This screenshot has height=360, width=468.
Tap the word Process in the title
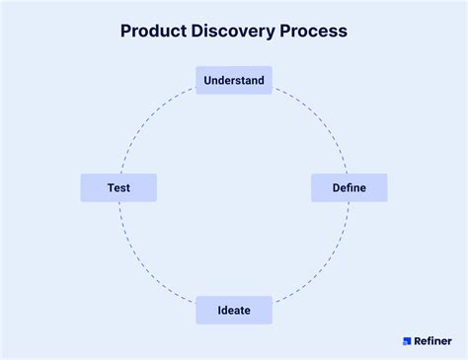(313, 31)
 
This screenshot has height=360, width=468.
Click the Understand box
(234, 80)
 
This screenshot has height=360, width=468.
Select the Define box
(350, 187)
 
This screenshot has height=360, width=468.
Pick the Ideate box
(234, 311)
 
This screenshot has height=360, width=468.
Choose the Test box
(118, 187)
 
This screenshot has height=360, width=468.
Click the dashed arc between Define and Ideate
(321, 261)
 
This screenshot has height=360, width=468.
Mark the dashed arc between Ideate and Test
(148, 261)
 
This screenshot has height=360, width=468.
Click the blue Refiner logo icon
(406, 341)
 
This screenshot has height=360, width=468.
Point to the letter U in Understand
(207, 80)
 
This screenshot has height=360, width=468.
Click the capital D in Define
(336, 187)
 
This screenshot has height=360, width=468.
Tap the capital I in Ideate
(220, 311)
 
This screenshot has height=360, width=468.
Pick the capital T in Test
(111, 187)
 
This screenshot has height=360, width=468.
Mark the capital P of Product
(126, 31)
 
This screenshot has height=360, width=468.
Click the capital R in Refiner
(418, 341)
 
